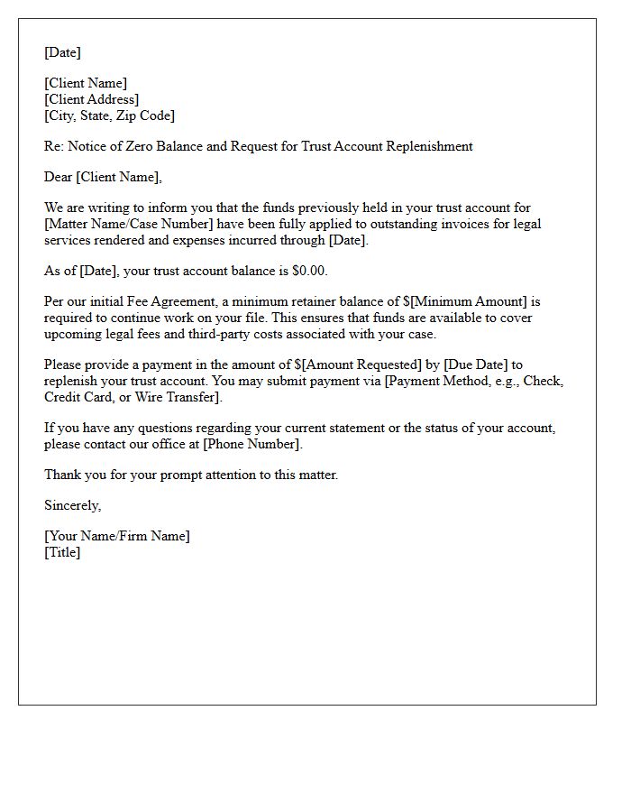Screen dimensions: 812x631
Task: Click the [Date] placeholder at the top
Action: [x=62, y=52]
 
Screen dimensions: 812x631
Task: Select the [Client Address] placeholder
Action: [x=92, y=99]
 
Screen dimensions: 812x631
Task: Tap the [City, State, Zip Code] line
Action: [x=110, y=115]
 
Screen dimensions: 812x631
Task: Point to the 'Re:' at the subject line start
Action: [x=54, y=146]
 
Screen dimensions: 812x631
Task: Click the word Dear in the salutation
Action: [x=59, y=177]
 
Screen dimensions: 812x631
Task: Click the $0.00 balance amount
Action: [x=309, y=271]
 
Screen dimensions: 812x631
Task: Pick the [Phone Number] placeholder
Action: [x=251, y=444]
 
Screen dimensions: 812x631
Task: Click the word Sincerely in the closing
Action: [x=72, y=505]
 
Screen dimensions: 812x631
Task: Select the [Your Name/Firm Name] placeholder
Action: [x=117, y=536]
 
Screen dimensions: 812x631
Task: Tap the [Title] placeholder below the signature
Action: [x=62, y=552]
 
